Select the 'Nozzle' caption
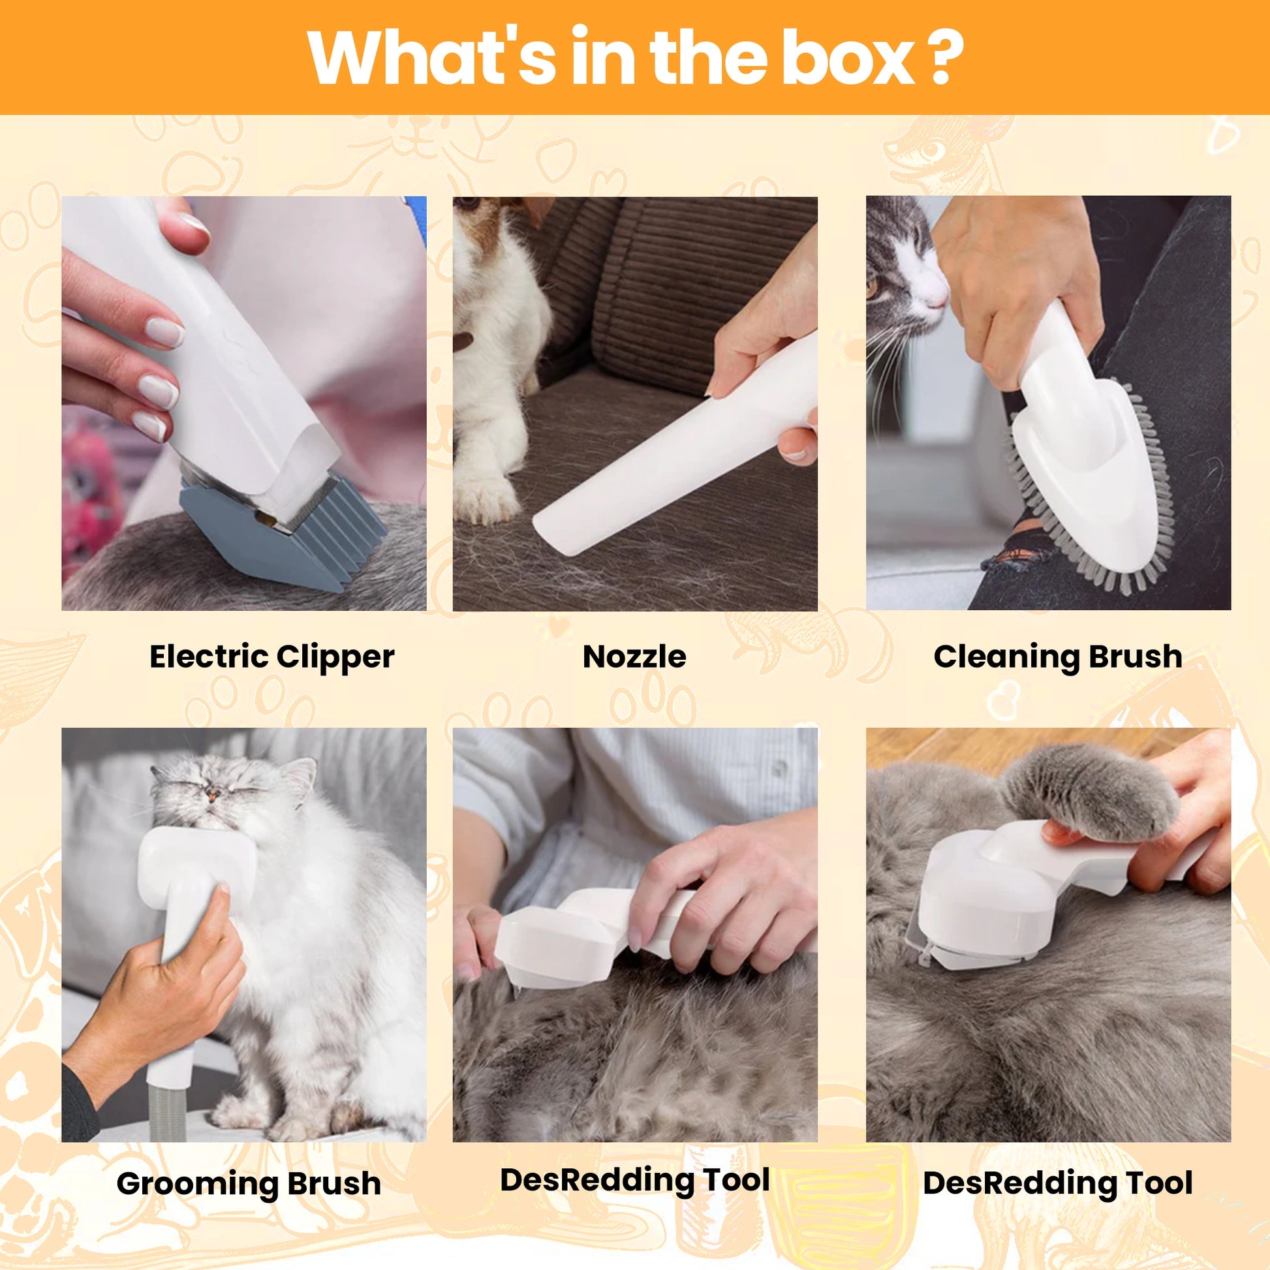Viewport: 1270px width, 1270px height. click(634, 657)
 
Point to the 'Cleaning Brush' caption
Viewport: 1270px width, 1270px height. click(1058, 657)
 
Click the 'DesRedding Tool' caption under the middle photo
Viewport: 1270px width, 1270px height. click(634, 1180)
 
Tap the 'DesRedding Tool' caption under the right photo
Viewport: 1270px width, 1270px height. click(1057, 1183)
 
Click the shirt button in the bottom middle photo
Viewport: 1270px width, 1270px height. click(780, 766)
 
